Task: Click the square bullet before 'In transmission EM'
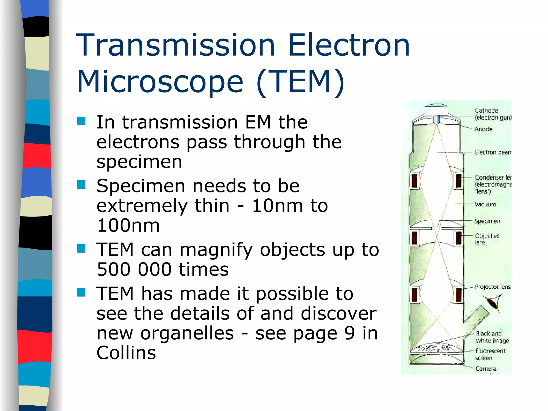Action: point(81,121)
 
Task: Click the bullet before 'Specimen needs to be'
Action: point(81,185)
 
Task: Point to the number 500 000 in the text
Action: point(134,269)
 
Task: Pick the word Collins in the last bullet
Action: point(126,353)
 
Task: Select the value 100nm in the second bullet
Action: point(128,225)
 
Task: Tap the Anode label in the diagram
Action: point(483,129)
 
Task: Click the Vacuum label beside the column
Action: point(485,204)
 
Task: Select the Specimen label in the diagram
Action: point(487,221)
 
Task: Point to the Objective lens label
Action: point(487,239)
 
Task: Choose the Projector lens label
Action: point(492,287)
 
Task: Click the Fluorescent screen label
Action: point(490,354)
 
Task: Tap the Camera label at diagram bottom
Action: point(486,369)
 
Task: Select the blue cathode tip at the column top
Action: point(436,119)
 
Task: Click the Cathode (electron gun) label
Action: point(492,114)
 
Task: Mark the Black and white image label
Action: point(492,337)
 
